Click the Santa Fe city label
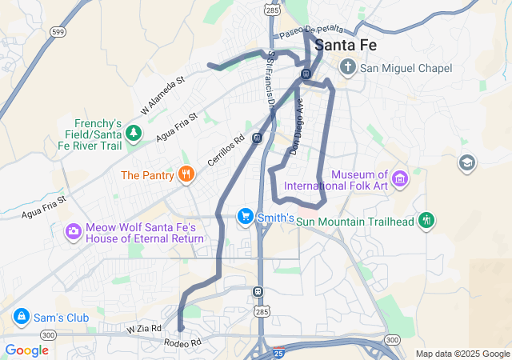pos(348,46)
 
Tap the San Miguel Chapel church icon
pos(349,67)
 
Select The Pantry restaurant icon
pos(186,174)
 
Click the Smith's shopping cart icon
pos(245,217)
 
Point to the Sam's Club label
pos(61,318)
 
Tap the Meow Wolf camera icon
pos(74,231)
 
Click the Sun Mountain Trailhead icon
pos(426,220)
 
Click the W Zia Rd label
pos(144,328)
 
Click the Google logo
pos(27,350)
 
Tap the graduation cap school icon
pos(466,163)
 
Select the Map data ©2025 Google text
pos(462,354)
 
